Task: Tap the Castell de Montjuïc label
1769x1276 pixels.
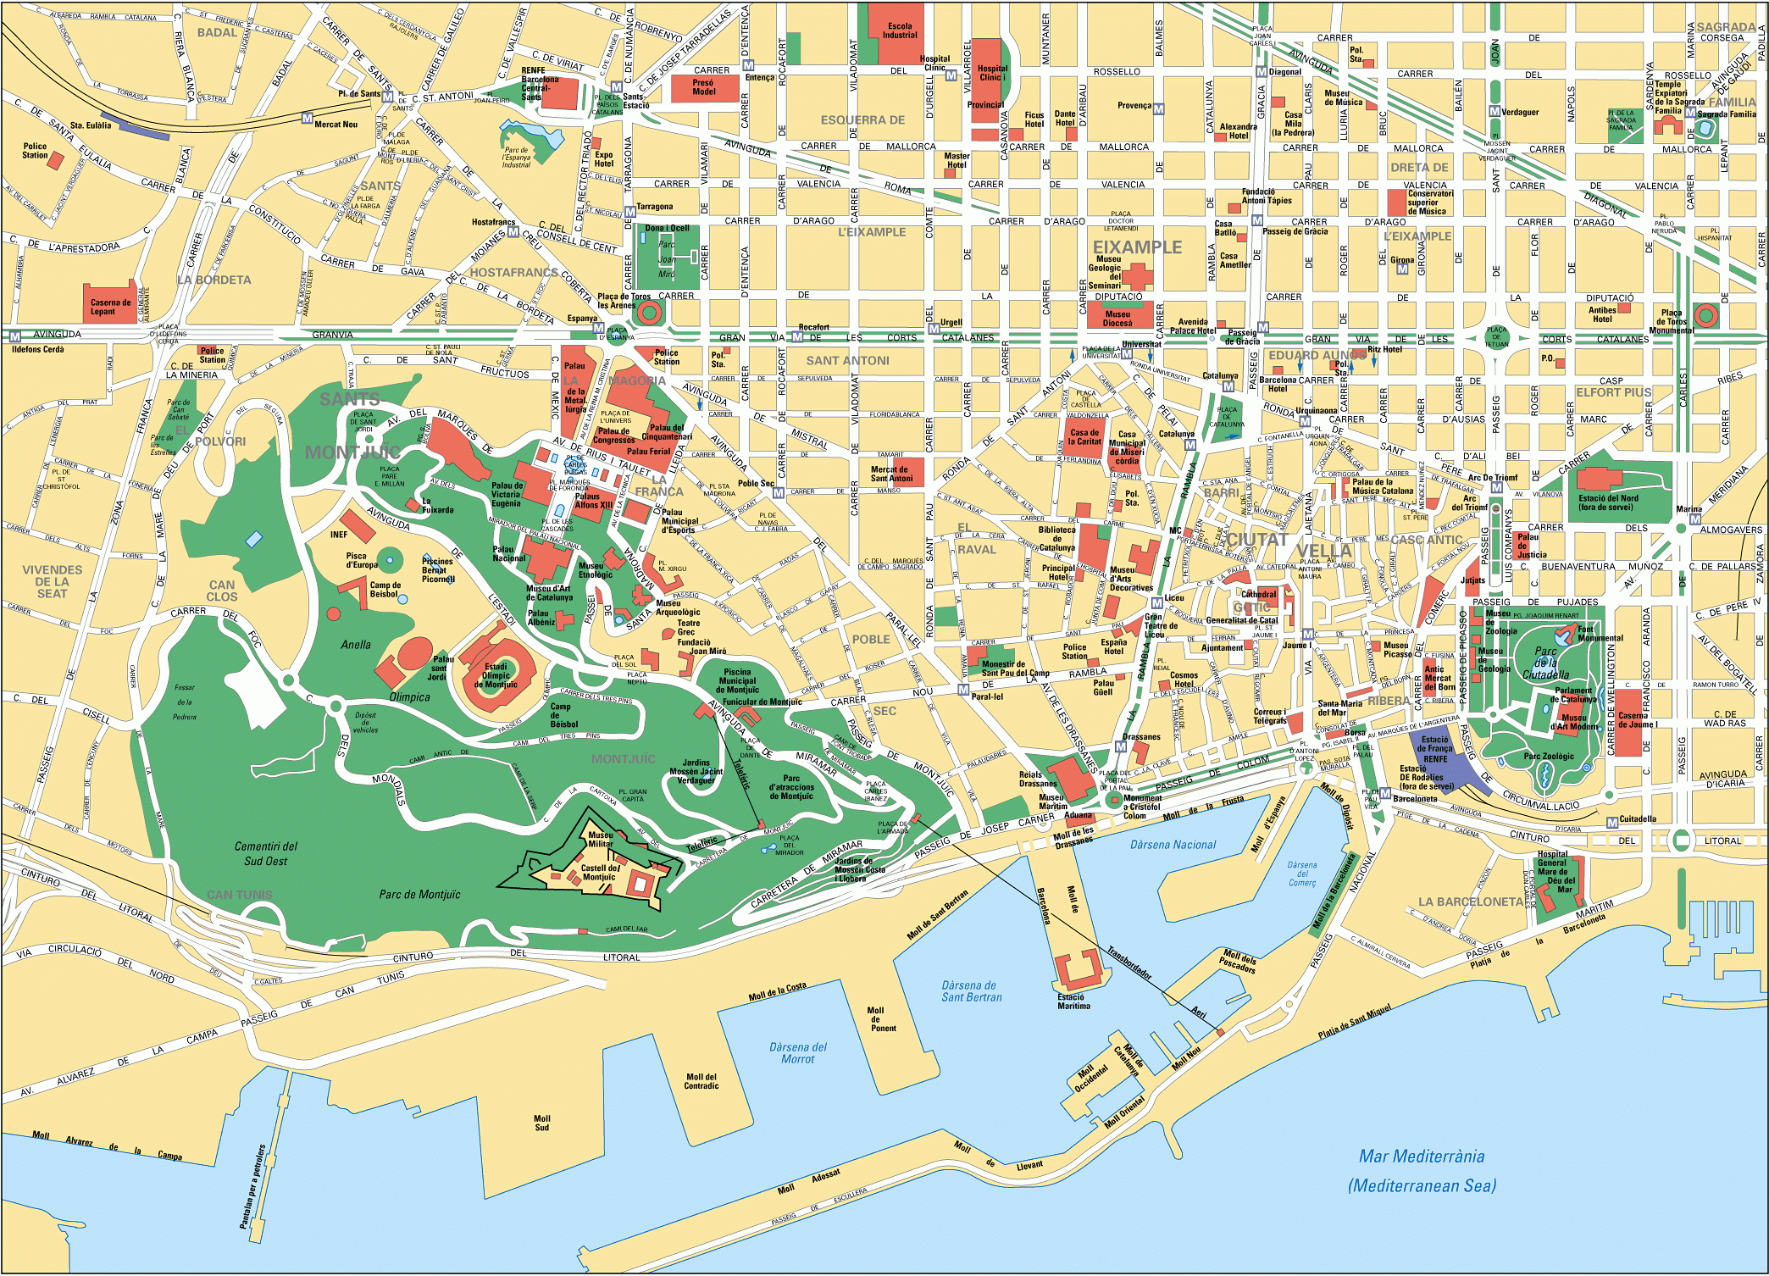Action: (x=600, y=872)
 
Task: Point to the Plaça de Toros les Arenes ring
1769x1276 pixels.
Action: (x=649, y=313)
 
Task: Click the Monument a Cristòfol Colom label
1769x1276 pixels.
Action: (x=1142, y=807)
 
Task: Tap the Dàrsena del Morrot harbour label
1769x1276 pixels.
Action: (x=797, y=1052)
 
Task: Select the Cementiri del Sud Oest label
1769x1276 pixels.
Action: (x=266, y=853)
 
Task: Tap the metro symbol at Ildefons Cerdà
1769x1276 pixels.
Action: (x=14, y=336)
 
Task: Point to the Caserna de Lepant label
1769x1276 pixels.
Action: (x=110, y=307)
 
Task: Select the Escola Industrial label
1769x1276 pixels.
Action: (x=899, y=31)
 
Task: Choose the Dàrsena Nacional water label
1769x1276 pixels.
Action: (x=1173, y=845)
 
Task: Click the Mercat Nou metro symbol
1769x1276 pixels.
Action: (x=308, y=119)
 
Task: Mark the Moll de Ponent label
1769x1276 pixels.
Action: (x=883, y=1018)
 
